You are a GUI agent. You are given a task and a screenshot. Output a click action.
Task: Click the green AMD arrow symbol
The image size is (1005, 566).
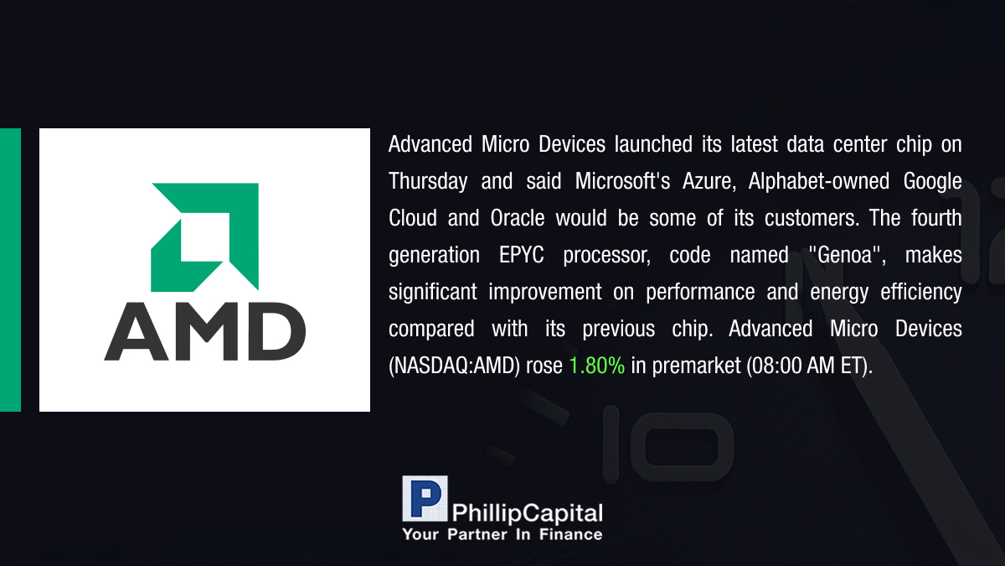point(204,237)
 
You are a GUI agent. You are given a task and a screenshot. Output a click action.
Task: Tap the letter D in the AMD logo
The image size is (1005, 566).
point(276,331)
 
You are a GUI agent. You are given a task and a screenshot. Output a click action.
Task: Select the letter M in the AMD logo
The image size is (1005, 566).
point(206,331)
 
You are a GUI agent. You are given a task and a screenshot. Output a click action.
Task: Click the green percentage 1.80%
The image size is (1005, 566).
point(596,366)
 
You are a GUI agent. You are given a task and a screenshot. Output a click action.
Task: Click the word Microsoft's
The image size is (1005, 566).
point(623,181)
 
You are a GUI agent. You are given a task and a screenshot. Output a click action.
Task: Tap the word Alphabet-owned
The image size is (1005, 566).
point(819,181)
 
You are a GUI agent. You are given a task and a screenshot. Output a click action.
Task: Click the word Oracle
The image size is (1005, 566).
point(518,218)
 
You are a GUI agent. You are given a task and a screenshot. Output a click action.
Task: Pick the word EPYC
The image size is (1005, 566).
point(521,255)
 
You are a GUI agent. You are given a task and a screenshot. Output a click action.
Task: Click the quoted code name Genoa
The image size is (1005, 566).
point(847,255)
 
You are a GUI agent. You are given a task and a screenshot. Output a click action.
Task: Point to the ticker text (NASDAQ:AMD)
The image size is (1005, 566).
point(455,366)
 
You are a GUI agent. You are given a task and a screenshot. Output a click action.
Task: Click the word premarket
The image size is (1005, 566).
point(696,366)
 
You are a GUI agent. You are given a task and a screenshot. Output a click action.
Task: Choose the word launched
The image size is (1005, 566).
point(653,144)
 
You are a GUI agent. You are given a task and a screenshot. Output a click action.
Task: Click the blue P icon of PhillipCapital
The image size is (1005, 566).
point(425,498)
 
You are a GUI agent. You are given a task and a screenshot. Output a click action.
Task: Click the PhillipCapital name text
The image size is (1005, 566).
point(527,513)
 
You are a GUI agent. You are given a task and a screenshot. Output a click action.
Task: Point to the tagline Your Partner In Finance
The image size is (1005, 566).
point(502,534)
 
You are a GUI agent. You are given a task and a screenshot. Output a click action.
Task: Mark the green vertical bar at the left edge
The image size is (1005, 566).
point(10,270)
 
